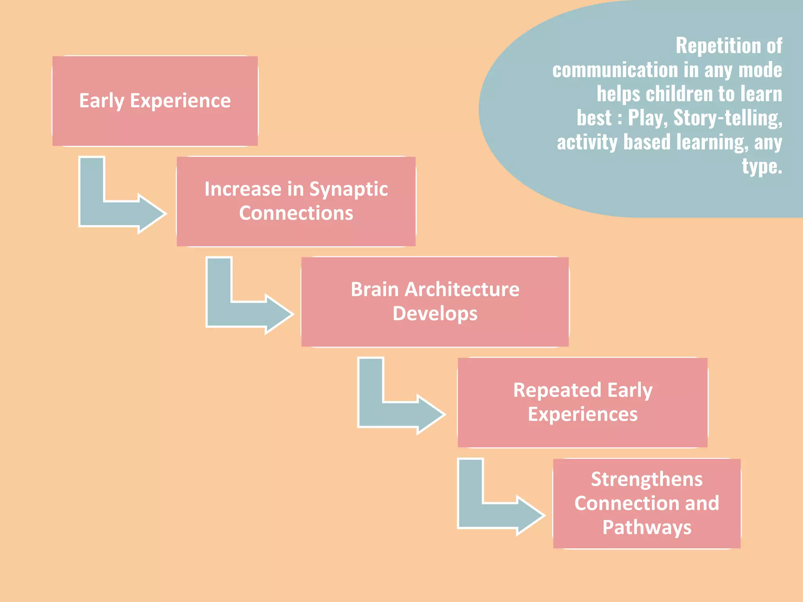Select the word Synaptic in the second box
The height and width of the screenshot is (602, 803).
pos(348,190)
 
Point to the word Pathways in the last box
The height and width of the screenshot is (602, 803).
pos(647,528)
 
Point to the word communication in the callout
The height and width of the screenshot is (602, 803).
pos(615,70)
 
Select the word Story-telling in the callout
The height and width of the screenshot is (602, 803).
pos(728,118)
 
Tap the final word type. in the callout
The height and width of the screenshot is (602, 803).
pos(762,167)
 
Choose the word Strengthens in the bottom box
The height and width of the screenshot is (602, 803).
pos(647,479)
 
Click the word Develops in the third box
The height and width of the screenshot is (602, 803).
pos(435,314)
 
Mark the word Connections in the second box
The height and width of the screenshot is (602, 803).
pos(296,214)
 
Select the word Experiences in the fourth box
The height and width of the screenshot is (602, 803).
pos(583,415)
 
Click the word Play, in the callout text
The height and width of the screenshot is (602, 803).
pos(648,118)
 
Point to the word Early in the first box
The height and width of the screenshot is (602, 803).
pos(102,101)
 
